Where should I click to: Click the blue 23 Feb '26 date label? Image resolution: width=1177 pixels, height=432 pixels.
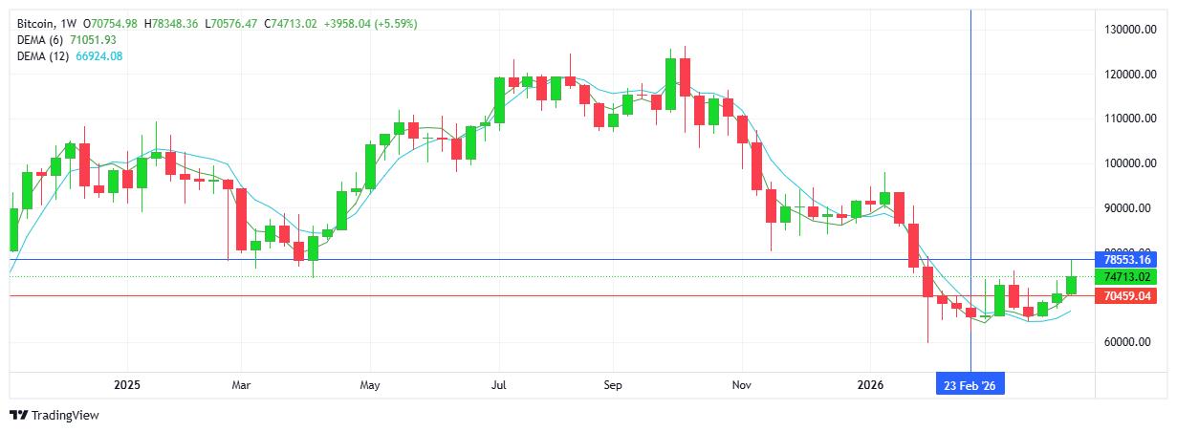tap(970, 385)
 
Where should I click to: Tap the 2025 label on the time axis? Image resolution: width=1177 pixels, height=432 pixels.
tap(127, 385)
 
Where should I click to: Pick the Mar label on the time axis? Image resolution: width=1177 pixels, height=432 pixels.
tap(241, 385)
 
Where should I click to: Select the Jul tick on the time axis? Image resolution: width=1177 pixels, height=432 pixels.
tap(498, 385)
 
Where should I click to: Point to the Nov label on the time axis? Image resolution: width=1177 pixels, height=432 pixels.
tap(742, 385)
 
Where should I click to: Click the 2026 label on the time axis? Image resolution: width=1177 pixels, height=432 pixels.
tap(870, 385)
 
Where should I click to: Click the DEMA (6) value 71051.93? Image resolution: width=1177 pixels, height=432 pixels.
tap(94, 39)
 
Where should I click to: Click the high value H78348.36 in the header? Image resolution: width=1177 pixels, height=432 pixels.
tap(170, 23)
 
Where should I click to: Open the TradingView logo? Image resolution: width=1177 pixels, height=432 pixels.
tap(54, 416)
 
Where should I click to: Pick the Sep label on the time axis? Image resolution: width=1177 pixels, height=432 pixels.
tap(613, 385)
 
